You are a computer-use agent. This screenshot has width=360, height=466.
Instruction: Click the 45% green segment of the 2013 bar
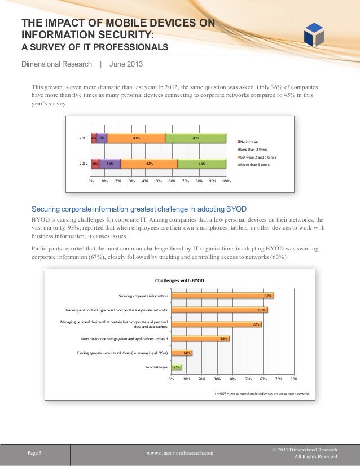[196, 138]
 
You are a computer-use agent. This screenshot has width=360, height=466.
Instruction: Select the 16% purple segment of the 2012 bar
[110, 164]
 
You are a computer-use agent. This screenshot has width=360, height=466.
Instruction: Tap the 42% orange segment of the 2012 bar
[149, 164]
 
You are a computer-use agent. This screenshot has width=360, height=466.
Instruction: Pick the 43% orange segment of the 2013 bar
[136, 138]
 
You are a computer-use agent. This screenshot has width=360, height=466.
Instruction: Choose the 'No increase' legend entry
[251, 142]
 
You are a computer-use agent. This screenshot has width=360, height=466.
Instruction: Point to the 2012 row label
[82, 164]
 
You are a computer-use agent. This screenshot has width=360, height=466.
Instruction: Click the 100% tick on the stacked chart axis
[226, 182]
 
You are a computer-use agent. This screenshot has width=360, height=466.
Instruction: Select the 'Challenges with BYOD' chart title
[179, 280]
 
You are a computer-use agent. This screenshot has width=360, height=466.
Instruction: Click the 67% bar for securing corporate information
[222, 296]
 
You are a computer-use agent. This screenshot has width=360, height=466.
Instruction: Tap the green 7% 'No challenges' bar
[176, 367]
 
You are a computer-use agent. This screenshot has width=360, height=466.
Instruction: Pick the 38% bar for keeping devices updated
[200, 338]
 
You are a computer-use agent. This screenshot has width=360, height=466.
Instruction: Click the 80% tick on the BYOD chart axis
[294, 379]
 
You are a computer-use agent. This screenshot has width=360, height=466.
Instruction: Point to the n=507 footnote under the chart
[262, 393]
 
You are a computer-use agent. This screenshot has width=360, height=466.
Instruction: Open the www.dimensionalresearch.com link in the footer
[180, 453]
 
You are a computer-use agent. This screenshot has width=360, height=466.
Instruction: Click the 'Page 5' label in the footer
[35, 452]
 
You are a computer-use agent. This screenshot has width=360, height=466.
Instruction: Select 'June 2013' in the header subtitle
[126, 64]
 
